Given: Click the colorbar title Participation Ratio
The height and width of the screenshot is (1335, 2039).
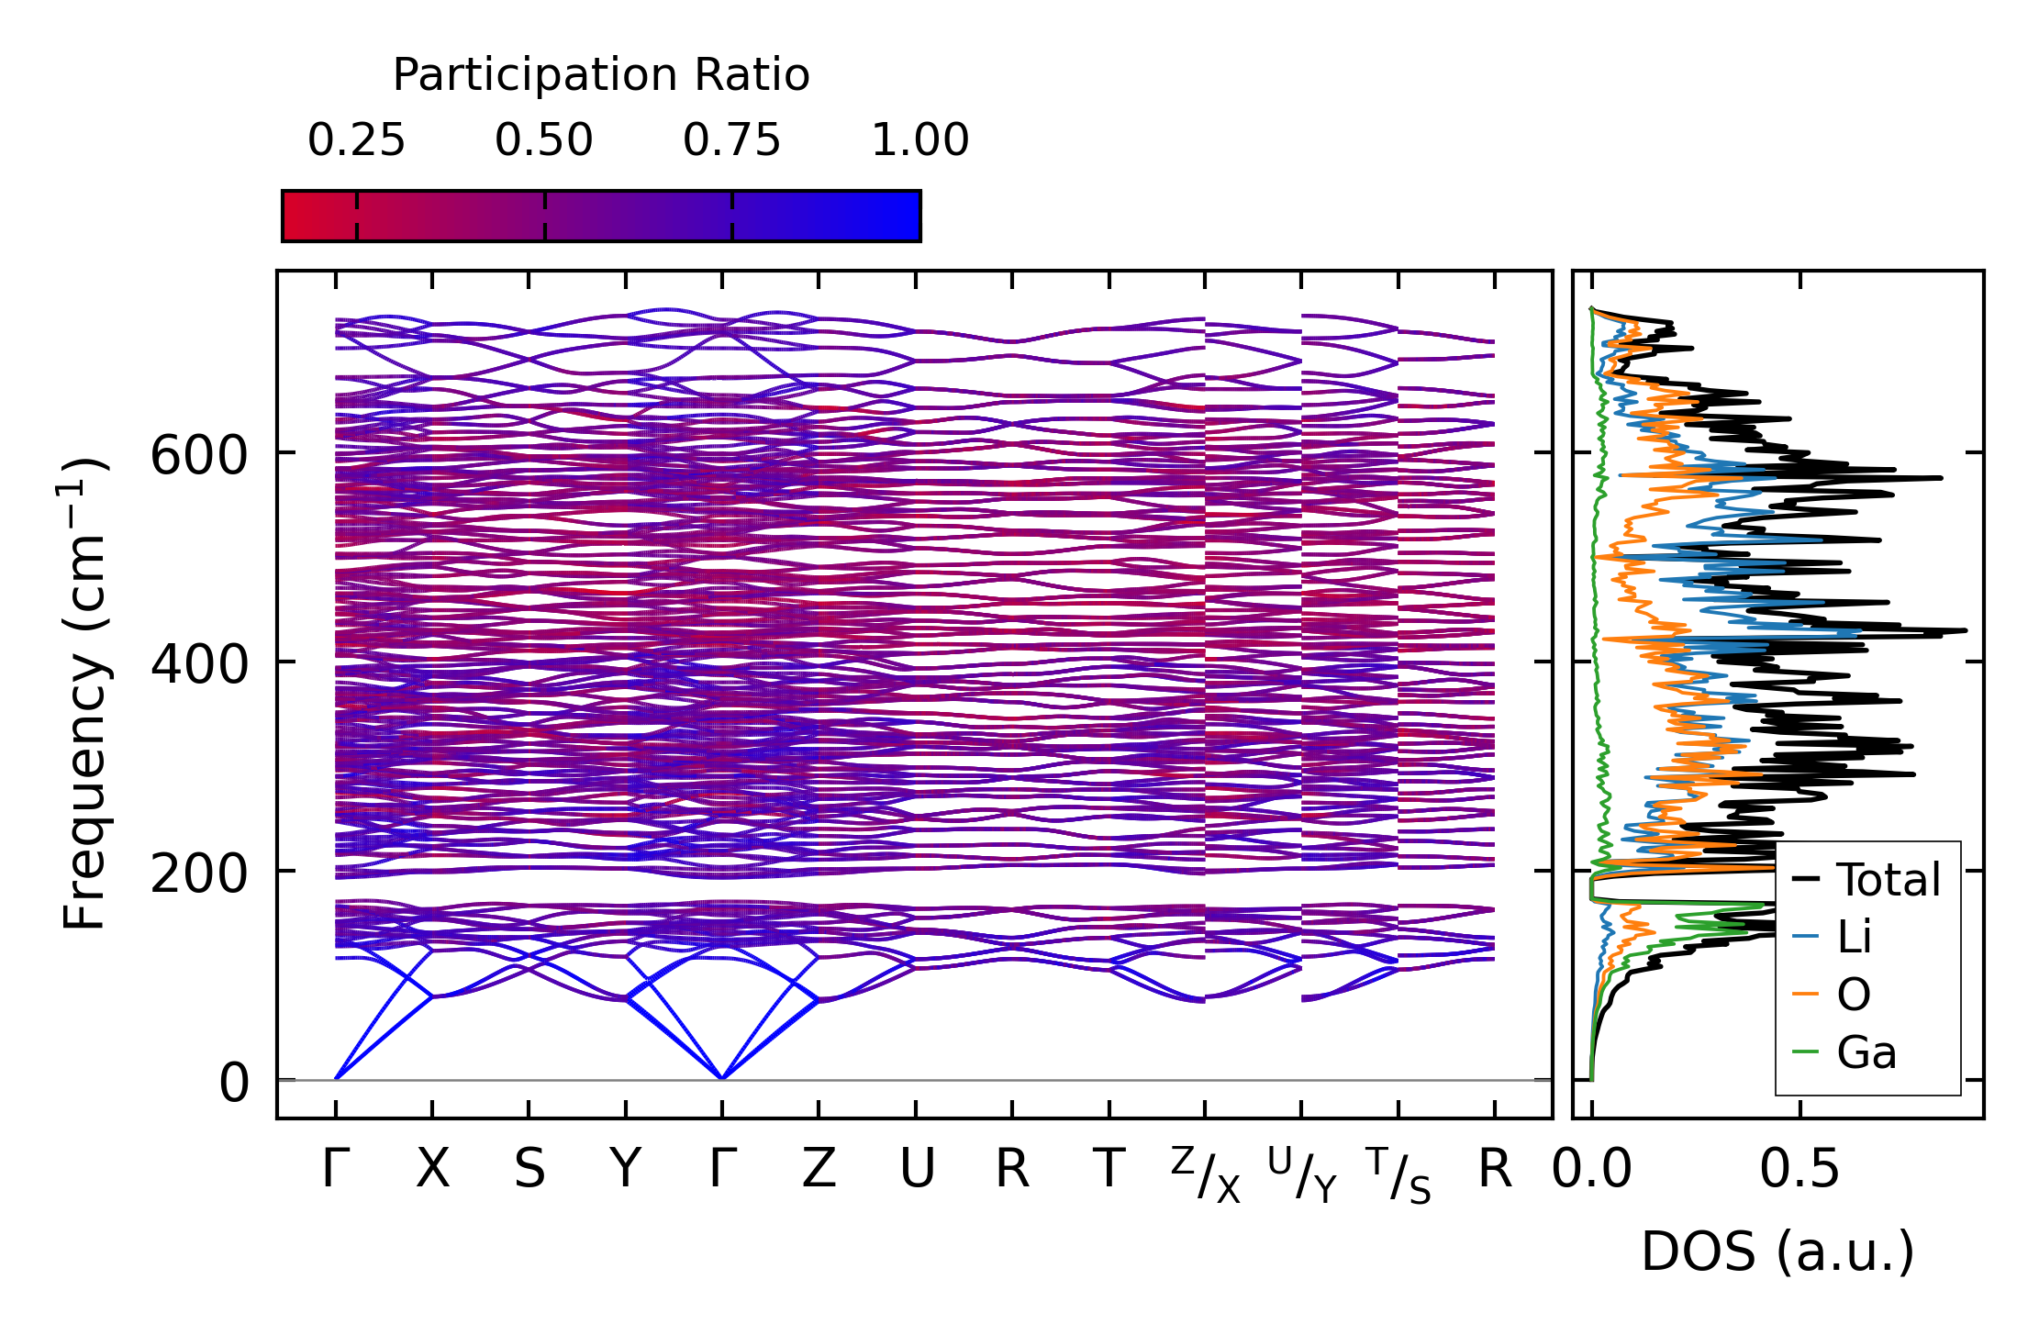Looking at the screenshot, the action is (x=601, y=75).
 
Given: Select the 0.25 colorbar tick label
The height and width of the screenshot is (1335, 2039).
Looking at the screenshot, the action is (x=356, y=140).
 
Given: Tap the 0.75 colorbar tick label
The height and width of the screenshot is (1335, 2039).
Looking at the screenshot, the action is (x=731, y=140).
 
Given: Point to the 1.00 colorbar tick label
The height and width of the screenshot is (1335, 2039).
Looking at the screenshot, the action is (x=919, y=140).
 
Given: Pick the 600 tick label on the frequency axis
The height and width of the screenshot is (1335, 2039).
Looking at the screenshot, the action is (x=199, y=454).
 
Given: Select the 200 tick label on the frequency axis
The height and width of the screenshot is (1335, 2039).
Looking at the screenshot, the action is (x=199, y=873).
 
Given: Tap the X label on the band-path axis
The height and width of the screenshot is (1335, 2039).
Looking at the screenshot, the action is (x=433, y=1169).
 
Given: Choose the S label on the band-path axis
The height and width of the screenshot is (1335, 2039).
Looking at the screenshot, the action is (x=529, y=1169).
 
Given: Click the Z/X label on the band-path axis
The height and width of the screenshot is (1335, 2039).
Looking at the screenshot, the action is (x=1206, y=1174).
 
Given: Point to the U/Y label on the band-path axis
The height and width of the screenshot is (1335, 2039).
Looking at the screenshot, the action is (x=1302, y=1174).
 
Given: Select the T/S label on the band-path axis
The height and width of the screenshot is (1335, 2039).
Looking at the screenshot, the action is (x=1398, y=1174).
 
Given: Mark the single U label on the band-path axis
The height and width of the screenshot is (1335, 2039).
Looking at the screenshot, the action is (x=917, y=1169).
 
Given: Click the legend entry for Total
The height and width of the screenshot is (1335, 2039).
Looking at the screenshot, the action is (x=1866, y=879).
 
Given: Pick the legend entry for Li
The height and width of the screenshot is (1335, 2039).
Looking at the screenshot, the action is (x=1832, y=937).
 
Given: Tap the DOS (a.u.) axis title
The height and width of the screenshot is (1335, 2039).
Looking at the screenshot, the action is (x=1777, y=1252).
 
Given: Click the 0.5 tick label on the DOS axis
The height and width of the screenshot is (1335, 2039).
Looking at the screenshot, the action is (x=1799, y=1170).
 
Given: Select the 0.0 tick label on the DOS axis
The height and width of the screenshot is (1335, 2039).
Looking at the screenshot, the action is (x=1592, y=1170).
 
